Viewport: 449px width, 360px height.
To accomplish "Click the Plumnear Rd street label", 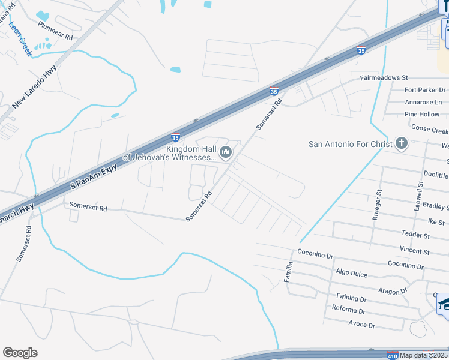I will [x=55, y=31].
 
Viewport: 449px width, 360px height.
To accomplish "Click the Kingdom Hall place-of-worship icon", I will [x=226, y=152].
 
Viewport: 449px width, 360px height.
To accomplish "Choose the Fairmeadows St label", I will [x=384, y=78].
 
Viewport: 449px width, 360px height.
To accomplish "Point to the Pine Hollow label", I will [x=421, y=114].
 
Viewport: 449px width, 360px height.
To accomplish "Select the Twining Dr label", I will [x=351, y=298].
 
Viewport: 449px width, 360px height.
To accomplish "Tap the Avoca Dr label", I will [x=361, y=324].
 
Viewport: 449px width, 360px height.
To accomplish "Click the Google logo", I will [x=20, y=352].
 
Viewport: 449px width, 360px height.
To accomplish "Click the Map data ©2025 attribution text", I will [x=423, y=355].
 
